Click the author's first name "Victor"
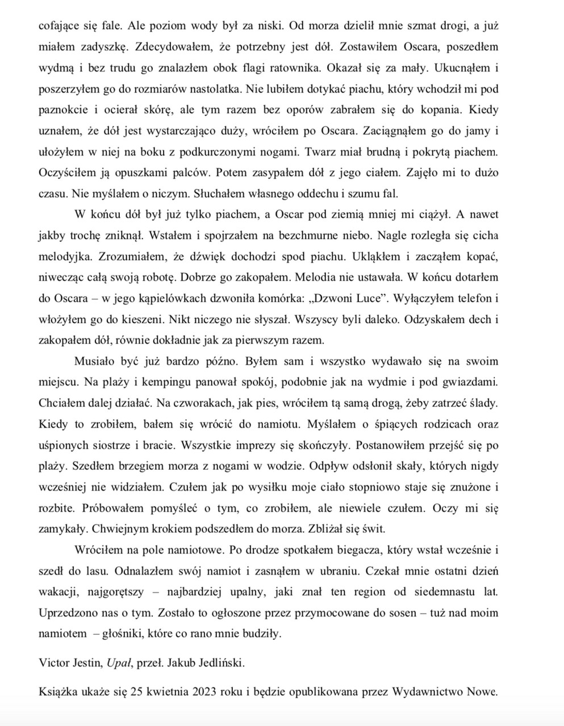coord(53,662)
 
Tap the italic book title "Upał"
coord(119,662)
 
